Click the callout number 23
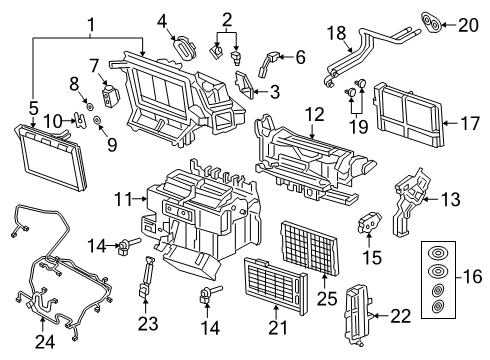[x=148, y=322]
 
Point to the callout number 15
[x=373, y=256]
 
